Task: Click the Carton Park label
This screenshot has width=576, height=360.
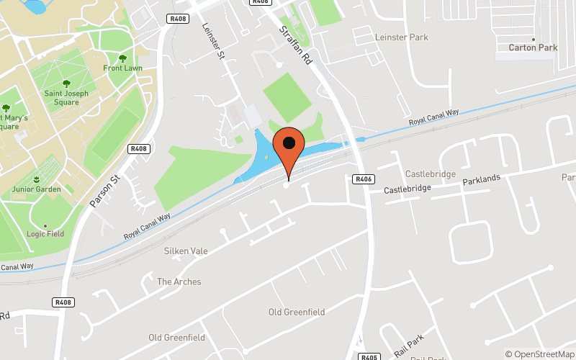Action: point(533,48)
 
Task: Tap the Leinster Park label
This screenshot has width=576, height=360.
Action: point(401,37)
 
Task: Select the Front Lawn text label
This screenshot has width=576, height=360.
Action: point(122,68)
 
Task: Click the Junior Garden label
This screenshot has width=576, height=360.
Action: point(36,189)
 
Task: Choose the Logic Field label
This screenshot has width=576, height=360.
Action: point(45,234)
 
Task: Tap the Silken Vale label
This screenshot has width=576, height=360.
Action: point(186,251)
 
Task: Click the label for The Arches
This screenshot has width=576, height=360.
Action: point(179,282)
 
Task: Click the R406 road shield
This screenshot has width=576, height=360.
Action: point(364,179)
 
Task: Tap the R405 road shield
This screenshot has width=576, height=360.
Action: point(369,356)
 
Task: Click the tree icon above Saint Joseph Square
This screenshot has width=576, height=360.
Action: point(66,84)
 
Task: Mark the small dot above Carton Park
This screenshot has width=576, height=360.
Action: point(533,39)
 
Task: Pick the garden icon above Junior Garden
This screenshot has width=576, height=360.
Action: point(36,178)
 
